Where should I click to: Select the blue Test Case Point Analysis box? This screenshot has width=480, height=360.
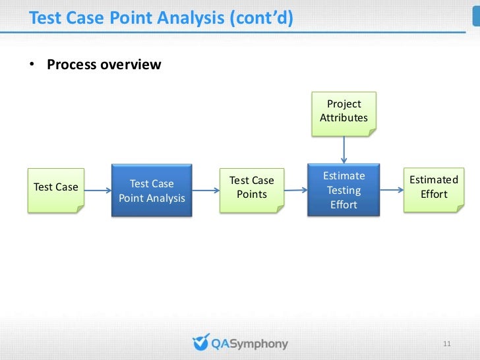tap(152, 191)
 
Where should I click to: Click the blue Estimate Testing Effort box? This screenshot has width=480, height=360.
tap(344, 191)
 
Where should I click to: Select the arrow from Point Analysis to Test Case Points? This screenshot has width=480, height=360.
tap(206, 191)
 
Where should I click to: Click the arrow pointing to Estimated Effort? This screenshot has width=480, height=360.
tap(392, 191)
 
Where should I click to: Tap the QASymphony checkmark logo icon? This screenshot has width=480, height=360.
tap(200, 343)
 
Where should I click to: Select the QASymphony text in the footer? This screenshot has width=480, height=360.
tap(249, 344)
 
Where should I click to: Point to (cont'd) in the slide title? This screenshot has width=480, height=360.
tap(260, 18)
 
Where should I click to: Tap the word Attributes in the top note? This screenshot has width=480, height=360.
tap(344, 118)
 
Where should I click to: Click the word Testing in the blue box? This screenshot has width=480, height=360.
tap(344, 191)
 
